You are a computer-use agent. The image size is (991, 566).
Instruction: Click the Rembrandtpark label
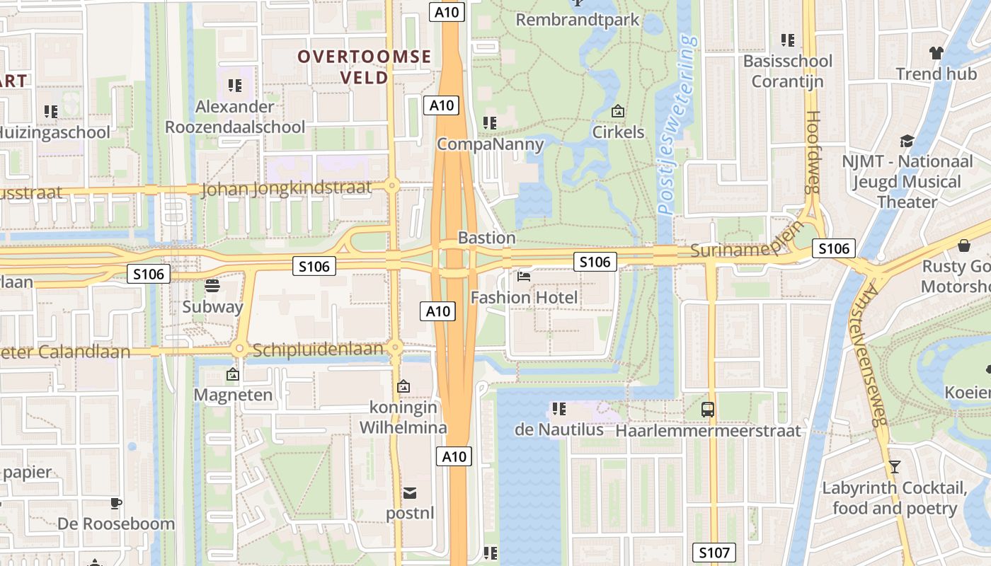pos(577,19)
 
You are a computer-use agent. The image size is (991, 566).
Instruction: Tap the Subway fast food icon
pos(212,286)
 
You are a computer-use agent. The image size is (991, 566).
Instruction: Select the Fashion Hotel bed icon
pos(524,276)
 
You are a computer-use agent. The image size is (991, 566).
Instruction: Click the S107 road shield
pos(714,553)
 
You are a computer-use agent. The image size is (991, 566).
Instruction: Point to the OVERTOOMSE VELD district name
pos(364,67)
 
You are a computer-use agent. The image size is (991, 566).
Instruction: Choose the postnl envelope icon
pos(410,492)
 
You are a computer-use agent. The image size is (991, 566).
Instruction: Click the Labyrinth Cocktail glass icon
pos(895,467)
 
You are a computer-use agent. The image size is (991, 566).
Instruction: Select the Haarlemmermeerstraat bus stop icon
pos(708,409)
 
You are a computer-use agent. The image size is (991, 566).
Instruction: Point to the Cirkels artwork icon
pos(618,111)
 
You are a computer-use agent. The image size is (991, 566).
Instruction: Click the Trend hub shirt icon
pos(936,53)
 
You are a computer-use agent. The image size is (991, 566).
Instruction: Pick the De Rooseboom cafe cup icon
pos(116,503)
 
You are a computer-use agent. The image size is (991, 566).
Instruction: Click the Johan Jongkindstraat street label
pos(286,189)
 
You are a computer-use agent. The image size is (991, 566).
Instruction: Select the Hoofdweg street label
pos(813,151)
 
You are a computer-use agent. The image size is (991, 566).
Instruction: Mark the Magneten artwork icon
pos(232,374)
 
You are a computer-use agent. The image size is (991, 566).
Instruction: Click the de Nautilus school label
pos(558,429)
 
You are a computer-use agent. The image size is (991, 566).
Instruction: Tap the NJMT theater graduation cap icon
pos(907,141)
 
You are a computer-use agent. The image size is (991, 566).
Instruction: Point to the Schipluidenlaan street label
pos(318,350)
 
